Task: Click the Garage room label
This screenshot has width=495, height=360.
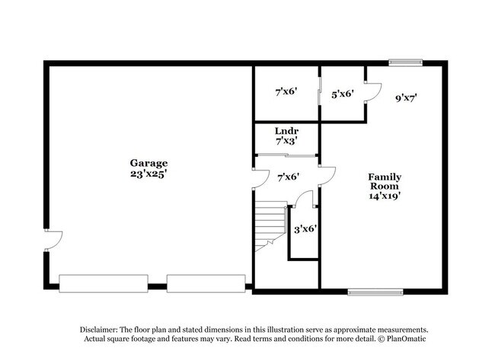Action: [148, 164]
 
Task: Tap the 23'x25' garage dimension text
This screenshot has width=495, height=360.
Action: [148, 174]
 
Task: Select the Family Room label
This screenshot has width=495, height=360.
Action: [385, 181]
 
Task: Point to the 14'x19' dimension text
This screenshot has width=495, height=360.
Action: [385, 196]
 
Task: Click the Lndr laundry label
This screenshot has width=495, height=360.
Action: [286, 131]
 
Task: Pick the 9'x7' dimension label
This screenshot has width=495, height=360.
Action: [407, 98]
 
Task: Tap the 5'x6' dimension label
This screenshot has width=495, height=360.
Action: [343, 94]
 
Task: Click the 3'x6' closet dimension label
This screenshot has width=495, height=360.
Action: [305, 229]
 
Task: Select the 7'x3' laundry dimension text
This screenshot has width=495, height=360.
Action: [286, 141]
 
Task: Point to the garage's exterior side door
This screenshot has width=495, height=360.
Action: [53, 241]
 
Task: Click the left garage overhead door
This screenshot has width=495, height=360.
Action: [104, 284]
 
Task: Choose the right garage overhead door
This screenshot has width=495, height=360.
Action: [206, 284]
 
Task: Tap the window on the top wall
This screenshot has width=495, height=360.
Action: [405, 62]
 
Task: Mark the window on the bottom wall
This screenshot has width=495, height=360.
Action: [375, 292]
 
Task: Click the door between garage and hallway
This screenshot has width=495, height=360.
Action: [260, 179]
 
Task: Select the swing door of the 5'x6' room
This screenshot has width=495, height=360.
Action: [373, 92]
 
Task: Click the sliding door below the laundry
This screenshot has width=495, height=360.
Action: [286, 155]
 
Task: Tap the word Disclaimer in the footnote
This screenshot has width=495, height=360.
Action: [99, 330]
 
